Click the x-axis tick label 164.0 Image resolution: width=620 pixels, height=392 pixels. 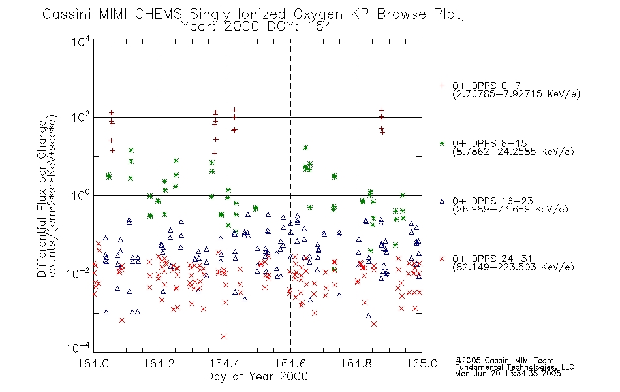click(93, 363)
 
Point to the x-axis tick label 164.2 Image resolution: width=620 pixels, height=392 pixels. click(159, 363)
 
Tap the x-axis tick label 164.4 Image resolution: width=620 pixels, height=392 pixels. click(225, 363)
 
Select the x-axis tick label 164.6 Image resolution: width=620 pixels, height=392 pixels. click(290, 363)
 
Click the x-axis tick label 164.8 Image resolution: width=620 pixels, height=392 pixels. click(356, 363)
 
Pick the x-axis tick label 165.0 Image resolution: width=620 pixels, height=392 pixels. click(422, 363)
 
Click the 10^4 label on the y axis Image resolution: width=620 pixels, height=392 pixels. click(81, 42)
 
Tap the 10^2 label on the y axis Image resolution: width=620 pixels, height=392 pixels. click(81, 118)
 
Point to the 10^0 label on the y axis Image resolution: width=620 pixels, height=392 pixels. click(81, 195)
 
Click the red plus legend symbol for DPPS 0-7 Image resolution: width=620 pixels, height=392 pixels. click(442, 86)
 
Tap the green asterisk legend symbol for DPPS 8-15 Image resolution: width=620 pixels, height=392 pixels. click(442, 143)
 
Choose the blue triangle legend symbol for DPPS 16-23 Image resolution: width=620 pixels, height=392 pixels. click(442, 201)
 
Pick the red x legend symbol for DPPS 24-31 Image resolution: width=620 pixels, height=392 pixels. click(442, 259)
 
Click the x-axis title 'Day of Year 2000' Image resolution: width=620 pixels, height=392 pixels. click(257, 376)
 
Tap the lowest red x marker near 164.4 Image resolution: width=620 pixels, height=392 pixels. click(223, 336)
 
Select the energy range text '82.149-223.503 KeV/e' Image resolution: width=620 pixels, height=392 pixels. click(513, 267)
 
